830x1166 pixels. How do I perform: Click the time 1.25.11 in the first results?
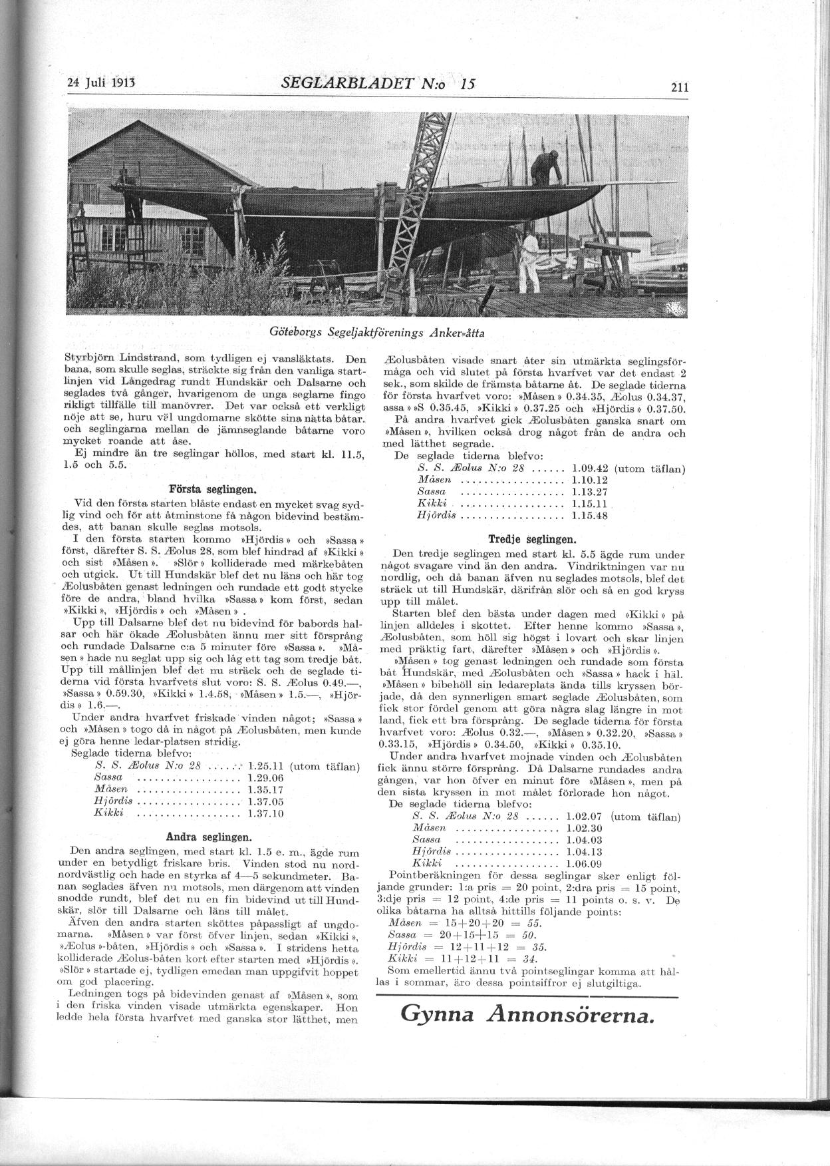pos(265,766)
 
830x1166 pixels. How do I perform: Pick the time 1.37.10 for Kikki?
pos(265,813)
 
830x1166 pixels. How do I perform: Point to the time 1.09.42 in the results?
pos(590,468)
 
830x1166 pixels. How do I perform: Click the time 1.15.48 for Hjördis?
pos(590,515)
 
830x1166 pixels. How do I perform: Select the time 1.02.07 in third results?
pos(583,816)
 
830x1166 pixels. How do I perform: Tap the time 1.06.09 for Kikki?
pos(583,864)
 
